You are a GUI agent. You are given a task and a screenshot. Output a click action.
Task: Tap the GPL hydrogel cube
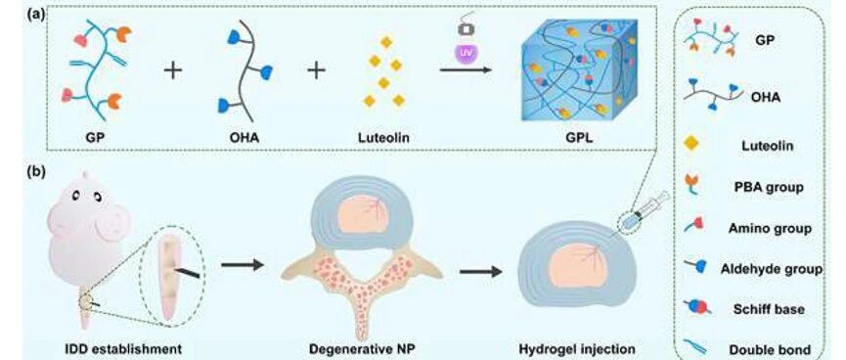point(580,69)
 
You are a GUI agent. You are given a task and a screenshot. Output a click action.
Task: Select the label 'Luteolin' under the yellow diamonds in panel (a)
point(383,138)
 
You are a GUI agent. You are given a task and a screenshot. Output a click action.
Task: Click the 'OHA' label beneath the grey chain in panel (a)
point(245,138)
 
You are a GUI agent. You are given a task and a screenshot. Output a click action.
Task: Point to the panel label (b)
point(36,173)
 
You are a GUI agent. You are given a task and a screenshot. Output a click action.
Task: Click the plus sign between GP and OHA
point(173,70)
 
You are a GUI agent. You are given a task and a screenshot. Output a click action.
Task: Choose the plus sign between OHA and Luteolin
point(316,70)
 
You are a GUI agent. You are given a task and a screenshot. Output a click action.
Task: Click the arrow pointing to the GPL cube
point(466,70)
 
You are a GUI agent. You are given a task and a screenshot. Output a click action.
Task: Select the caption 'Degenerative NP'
point(362,348)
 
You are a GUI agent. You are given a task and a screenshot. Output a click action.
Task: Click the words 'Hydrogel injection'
point(577,348)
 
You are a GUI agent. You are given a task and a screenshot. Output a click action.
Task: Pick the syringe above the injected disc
point(644,211)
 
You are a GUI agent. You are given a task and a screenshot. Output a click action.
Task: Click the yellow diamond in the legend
point(691,144)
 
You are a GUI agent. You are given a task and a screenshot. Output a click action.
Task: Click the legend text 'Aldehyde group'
point(772,268)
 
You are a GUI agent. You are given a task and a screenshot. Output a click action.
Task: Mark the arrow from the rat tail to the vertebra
point(243,264)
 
